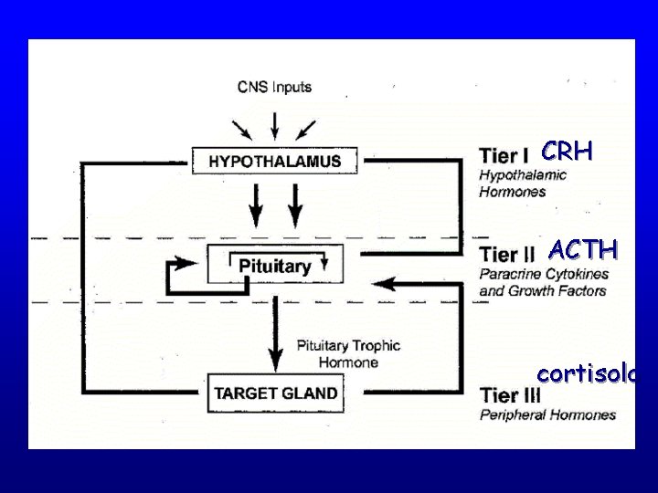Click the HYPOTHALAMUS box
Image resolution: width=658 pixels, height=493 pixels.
[274, 162]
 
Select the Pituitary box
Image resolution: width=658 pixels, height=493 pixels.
[274, 266]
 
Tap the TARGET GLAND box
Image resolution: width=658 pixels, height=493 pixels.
[275, 393]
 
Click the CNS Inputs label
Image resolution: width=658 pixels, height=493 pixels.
[274, 88]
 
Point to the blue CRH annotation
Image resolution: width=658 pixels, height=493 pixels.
[567, 151]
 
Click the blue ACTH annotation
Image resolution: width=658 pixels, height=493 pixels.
[583, 249]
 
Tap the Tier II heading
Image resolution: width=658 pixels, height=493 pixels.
[508, 253]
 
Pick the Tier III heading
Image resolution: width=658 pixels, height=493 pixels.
[511, 395]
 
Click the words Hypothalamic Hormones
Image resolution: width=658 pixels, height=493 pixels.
[523, 183]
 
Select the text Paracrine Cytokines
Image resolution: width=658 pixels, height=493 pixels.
[543, 274]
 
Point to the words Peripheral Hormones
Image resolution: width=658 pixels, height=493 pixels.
[547, 414]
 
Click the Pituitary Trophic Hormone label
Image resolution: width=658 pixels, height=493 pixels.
[347, 353]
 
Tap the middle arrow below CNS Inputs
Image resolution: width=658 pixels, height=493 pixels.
[274, 123]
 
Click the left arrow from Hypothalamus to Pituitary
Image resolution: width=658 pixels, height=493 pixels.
[256, 205]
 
